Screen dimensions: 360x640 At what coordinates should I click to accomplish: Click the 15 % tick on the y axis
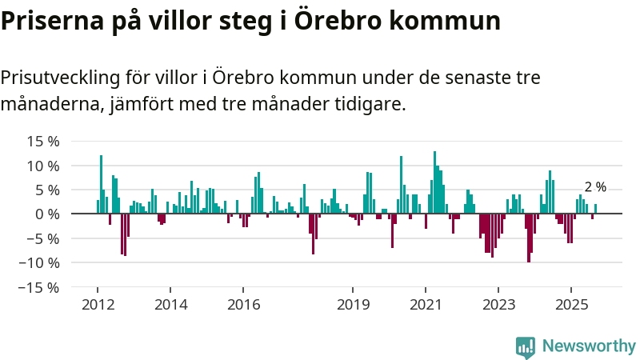click(x=42, y=142)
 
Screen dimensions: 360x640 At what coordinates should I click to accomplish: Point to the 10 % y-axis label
click(x=42, y=166)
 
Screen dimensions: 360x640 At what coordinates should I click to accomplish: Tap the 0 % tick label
click(x=47, y=214)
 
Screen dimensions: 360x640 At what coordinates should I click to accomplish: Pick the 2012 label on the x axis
click(x=98, y=305)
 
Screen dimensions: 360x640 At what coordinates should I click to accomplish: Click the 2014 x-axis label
click(x=170, y=305)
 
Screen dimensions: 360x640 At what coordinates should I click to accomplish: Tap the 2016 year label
click(x=244, y=305)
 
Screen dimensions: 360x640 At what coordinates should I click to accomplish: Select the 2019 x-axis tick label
click(x=353, y=305)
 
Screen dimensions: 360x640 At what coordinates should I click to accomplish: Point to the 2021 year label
click(x=426, y=305)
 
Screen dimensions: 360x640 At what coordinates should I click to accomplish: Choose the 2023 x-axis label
click(x=498, y=305)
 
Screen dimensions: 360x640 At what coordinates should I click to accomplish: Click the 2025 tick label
click(x=571, y=305)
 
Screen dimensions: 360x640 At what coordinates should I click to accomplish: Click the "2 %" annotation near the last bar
click(x=595, y=187)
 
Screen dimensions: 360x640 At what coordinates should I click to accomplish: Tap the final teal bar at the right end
click(x=595, y=209)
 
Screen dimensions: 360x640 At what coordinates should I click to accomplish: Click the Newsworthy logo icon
click(x=526, y=346)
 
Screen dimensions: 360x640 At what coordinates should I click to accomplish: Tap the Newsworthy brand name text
click(x=589, y=346)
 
